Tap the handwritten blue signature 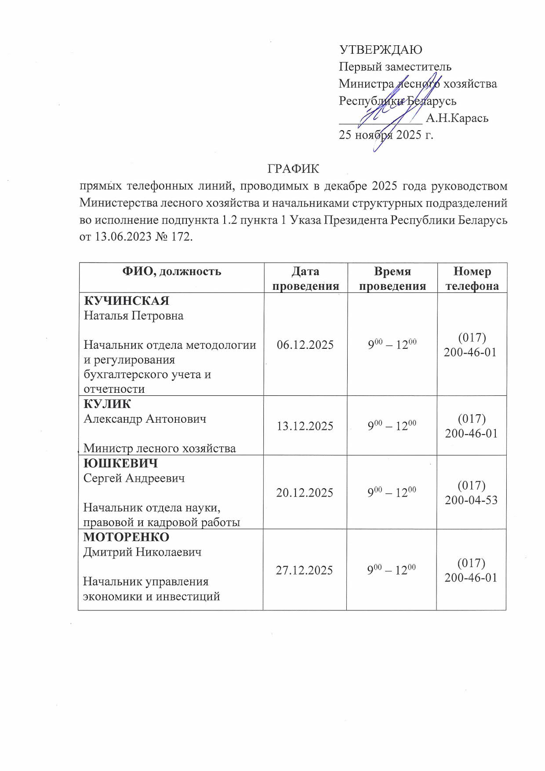398,110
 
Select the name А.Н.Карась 457,118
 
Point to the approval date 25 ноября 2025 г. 386,135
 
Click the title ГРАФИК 293,169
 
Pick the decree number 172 182,237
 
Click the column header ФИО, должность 171,271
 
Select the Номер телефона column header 472,278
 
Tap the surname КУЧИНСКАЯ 127,301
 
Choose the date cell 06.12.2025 305,344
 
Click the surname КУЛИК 107,404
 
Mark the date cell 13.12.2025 305,426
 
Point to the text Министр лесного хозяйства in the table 160,448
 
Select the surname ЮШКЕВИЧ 120,463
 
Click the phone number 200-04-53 471,500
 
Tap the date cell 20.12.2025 305,493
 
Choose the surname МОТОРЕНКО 126,537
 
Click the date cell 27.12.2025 304,570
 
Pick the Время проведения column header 392,278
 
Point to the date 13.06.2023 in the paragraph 122,237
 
